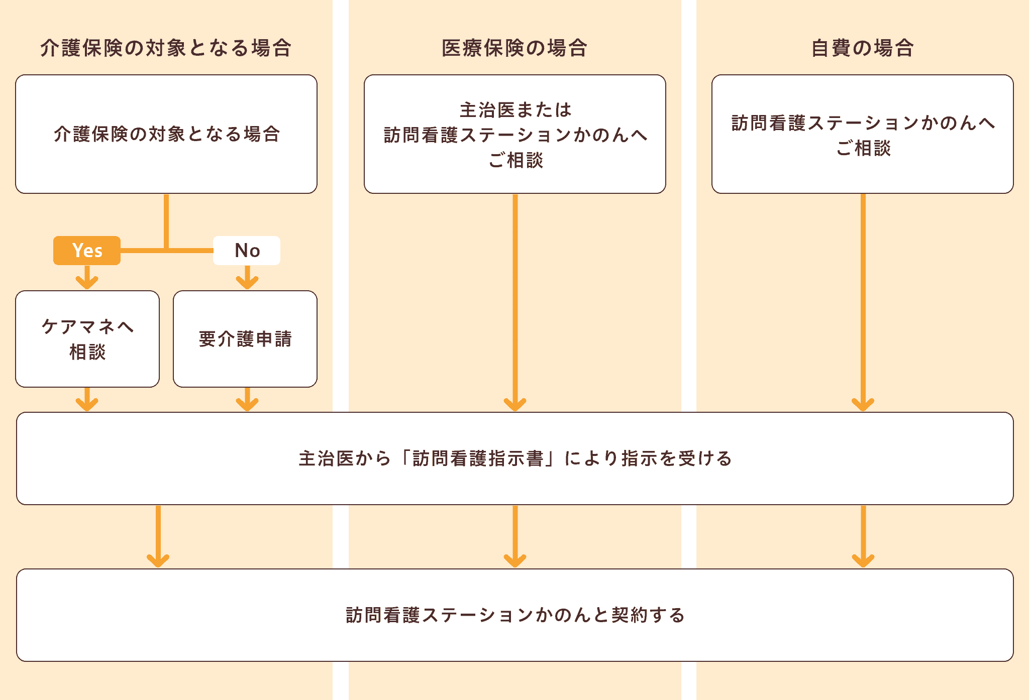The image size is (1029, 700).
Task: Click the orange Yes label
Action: pyautogui.click(x=87, y=250)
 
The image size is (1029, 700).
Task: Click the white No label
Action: pyautogui.click(x=247, y=250)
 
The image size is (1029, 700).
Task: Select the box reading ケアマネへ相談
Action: pyautogui.click(x=87, y=339)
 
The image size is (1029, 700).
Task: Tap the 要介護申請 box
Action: pyautogui.click(x=245, y=339)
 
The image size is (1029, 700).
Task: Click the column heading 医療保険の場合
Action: pyautogui.click(x=514, y=48)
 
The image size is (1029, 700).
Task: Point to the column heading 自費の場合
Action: pyautogui.click(x=862, y=48)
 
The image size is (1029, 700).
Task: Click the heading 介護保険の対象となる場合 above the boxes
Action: pyautogui.click(x=166, y=48)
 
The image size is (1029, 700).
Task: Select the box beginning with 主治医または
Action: pyautogui.click(x=514, y=134)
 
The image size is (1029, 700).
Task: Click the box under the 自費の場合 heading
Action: pyautogui.click(x=862, y=134)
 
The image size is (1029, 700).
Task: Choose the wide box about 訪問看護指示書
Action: pyautogui.click(x=514, y=458)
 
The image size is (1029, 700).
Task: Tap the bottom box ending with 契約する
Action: pyautogui.click(x=514, y=615)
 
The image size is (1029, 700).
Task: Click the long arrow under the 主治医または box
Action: pyautogui.click(x=515, y=301)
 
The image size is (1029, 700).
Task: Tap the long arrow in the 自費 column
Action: pyautogui.click(x=863, y=301)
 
